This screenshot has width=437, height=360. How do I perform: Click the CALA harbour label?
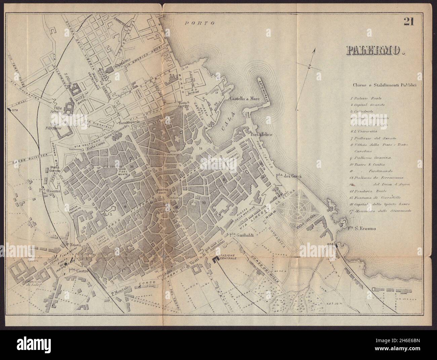coord(229,126)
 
